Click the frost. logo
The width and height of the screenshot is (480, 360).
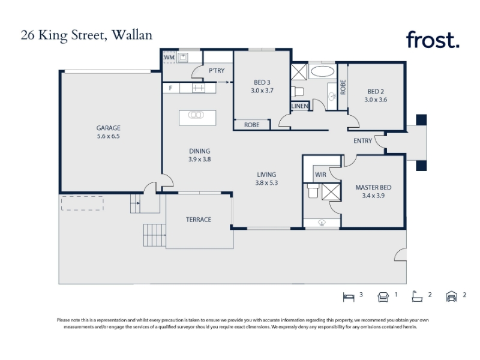(x=433, y=40)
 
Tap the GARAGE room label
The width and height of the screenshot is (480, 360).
(x=109, y=128)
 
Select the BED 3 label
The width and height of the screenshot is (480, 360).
(x=262, y=82)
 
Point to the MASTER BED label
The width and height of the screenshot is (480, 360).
(x=373, y=187)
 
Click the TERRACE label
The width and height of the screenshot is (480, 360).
(x=199, y=220)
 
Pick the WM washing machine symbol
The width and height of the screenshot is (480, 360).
(x=169, y=58)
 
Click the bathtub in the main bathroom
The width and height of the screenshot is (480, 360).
(x=322, y=71)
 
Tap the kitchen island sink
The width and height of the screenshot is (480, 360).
(x=196, y=115)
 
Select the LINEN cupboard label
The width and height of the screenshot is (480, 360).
(x=299, y=106)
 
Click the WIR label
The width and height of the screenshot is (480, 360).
(x=320, y=175)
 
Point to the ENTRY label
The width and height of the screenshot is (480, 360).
(x=363, y=141)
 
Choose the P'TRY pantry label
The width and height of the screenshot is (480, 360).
(x=217, y=71)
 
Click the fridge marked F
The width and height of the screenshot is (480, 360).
(x=171, y=88)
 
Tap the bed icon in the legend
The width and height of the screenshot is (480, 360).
(x=349, y=297)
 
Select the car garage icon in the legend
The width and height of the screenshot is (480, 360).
(x=452, y=296)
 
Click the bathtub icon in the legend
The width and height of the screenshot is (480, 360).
(x=417, y=296)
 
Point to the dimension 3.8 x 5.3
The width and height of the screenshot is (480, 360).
(x=266, y=183)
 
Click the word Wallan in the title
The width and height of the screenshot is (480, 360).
(x=132, y=35)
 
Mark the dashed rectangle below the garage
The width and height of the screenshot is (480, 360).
(x=82, y=204)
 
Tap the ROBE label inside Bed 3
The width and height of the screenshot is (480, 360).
(x=251, y=125)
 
